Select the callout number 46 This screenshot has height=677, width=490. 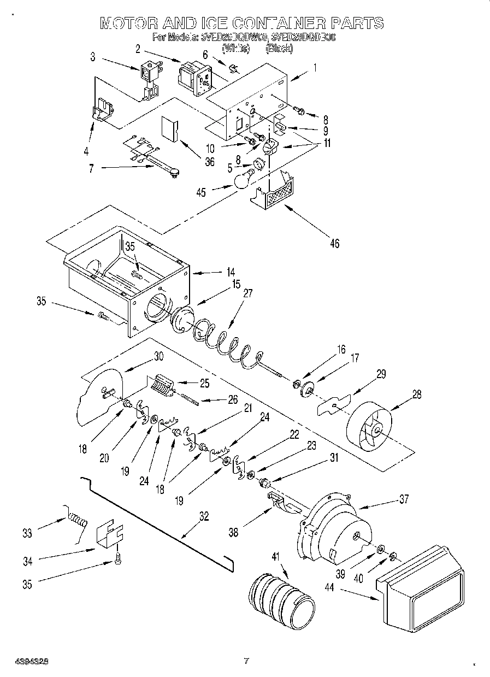pyautogui.click(x=334, y=243)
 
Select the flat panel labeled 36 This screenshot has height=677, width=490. pyautogui.click(x=170, y=129)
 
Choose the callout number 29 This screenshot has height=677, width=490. pyautogui.click(x=380, y=374)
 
